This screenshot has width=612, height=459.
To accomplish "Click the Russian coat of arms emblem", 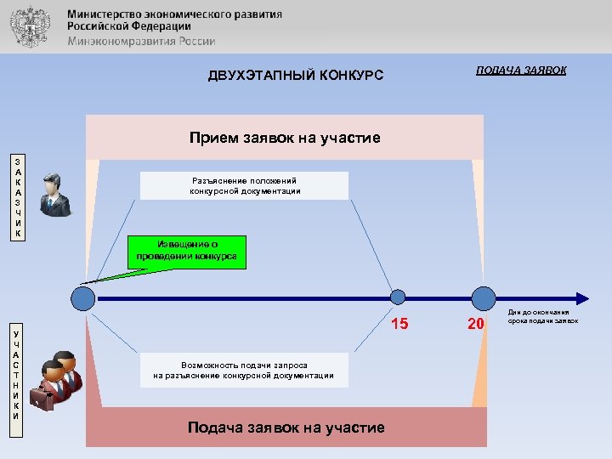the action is tap(32, 26).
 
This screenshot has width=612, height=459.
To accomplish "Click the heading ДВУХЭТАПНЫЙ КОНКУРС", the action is tap(296, 76).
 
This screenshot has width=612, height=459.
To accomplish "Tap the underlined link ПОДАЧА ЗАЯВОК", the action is tap(521, 70).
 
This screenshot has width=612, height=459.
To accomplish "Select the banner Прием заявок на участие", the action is tap(285, 138).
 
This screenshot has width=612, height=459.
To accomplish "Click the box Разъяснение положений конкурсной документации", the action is tap(245, 185).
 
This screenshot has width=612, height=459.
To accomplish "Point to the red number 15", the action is tap(399, 323).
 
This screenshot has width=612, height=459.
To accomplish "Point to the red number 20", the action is tap(476, 323).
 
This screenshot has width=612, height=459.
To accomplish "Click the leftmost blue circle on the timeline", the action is tap(83, 298).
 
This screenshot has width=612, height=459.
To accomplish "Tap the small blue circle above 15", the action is tap(398, 297).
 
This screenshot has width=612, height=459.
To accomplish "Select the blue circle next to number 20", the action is tap(483, 298).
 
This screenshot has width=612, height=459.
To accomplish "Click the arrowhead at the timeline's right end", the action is tap(581, 298).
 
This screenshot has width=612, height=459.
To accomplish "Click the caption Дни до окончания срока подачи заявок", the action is tap(544, 317).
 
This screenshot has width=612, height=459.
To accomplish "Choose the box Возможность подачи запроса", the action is tap(244, 370).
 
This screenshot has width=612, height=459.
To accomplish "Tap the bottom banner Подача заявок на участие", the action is tap(286, 428).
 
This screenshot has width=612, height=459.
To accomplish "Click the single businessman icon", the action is tap(56, 194).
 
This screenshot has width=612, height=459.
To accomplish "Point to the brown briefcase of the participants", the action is tap(40, 398).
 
